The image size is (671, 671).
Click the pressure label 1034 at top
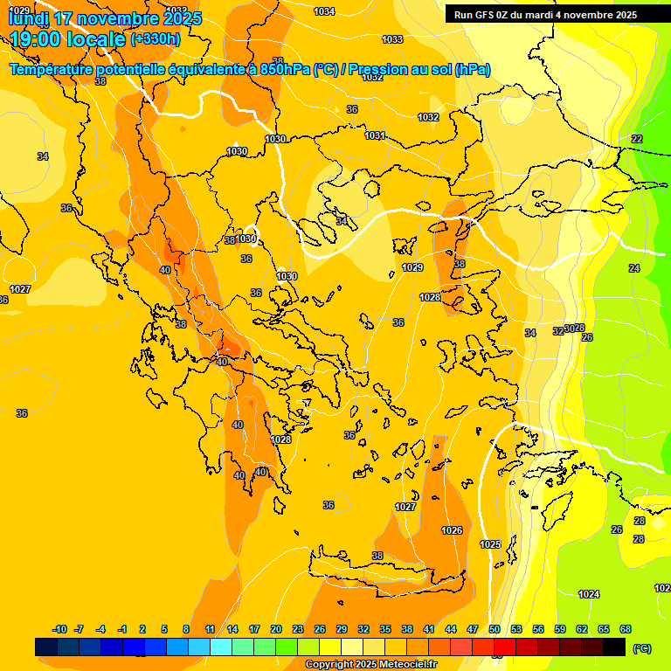[x=323, y=11]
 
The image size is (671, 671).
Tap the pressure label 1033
[x=392, y=39]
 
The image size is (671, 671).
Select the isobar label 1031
[x=375, y=135]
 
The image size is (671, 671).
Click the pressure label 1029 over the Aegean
[x=412, y=267]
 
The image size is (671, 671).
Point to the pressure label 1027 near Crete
[x=405, y=507]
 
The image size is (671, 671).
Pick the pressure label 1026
[x=452, y=530]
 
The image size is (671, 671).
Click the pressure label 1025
[x=491, y=544]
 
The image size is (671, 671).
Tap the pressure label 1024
[x=589, y=594]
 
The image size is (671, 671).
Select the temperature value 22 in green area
[x=637, y=139]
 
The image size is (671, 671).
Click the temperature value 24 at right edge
[x=634, y=268]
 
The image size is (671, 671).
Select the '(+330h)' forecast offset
[x=156, y=38]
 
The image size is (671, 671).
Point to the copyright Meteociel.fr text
[x=370, y=665]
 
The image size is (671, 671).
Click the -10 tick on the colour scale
[x=59, y=629]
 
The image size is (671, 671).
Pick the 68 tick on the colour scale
[x=625, y=629]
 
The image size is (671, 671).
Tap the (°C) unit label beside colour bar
[x=642, y=648]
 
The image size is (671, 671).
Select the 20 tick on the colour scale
[x=275, y=629]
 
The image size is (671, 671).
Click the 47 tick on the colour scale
[x=473, y=629]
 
